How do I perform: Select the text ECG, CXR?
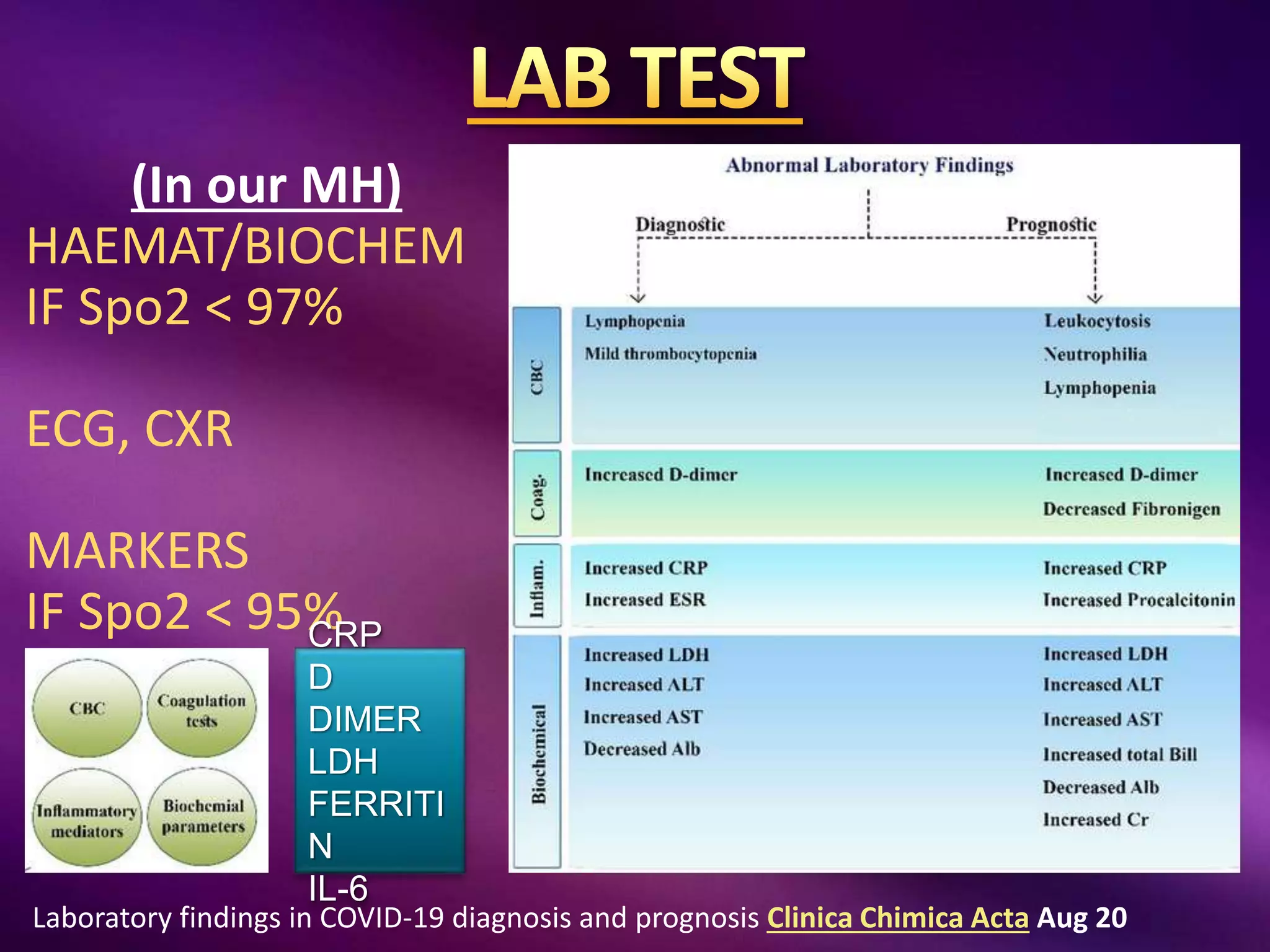[x=130, y=429]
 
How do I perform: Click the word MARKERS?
[x=138, y=550]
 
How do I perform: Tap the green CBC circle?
[x=87, y=708]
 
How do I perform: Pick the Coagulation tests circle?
[x=202, y=709]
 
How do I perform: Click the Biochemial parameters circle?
[x=203, y=816]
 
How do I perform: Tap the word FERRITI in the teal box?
[x=376, y=803]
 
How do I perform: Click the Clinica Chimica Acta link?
[x=897, y=918]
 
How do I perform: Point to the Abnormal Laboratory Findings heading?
[x=869, y=165]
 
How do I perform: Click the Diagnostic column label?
[x=680, y=224]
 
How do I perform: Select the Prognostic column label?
[x=1051, y=224]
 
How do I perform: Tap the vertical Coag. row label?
[x=537, y=496]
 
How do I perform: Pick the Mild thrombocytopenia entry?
[x=670, y=354]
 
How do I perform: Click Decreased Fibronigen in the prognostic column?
[x=1131, y=509]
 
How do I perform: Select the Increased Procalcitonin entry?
[x=1139, y=600]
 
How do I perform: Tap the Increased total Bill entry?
[x=1119, y=754]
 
